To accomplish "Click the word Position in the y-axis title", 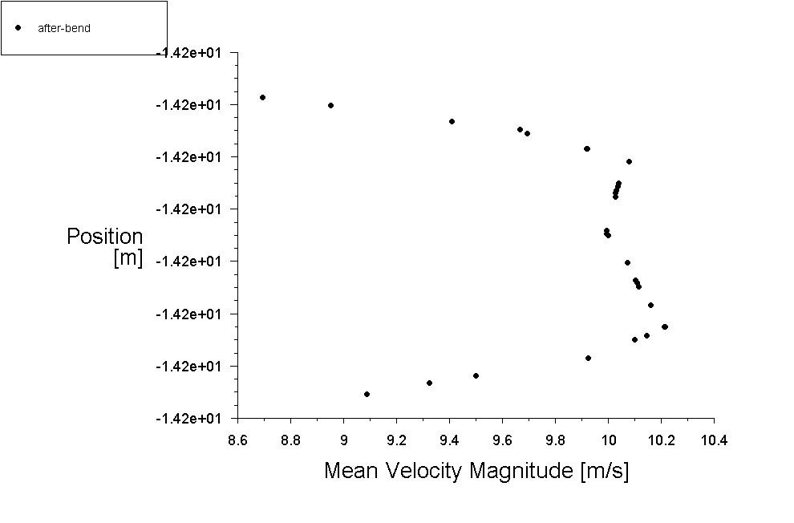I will point(105,237).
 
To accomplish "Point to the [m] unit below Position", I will point(128,258).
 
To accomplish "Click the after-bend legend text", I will point(64,28).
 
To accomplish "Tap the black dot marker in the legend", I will point(18,27).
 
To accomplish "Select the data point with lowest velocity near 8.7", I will point(262,97).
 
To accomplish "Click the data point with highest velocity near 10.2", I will point(664,326).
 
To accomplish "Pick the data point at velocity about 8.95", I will point(330,105).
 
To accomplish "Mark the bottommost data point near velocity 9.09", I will point(367,394).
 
